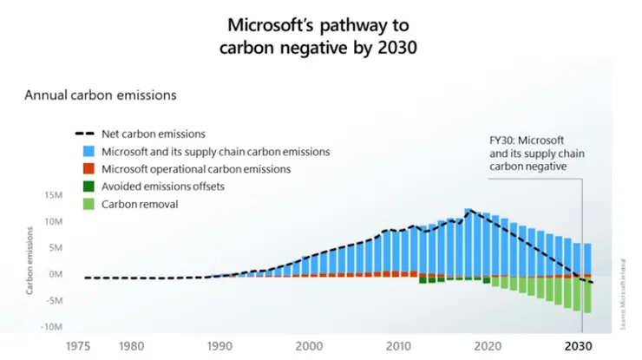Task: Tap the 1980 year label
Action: pyautogui.click(x=132, y=345)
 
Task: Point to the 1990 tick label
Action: pyautogui.click(x=221, y=345)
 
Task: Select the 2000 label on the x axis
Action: pyautogui.click(x=310, y=345)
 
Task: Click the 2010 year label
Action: pyautogui.click(x=398, y=345)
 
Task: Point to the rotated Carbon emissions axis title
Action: pyautogui.click(x=29, y=260)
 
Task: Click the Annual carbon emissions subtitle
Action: pyautogui.click(x=100, y=93)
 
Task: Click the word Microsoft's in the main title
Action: pyautogui.click(x=264, y=23)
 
